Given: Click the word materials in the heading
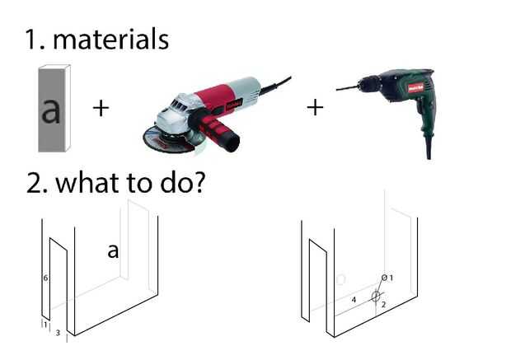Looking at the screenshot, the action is click(x=110, y=39).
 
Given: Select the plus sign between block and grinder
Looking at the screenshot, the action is click(x=101, y=108).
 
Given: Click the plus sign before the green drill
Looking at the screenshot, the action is click(x=315, y=108).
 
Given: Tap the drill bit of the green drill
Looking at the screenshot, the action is click(x=347, y=88).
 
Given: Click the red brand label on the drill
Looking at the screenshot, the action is click(x=415, y=87).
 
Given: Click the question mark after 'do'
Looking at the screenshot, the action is click(x=199, y=182).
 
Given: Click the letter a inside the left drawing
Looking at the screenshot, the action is click(x=113, y=251).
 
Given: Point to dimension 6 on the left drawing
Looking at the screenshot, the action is click(x=45, y=278).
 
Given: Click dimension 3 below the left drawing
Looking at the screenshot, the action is click(x=58, y=333).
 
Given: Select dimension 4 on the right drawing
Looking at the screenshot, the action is click(x=354, y=299).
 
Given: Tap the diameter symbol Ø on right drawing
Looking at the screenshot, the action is click(x=384, y=278).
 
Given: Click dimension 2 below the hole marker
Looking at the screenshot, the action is click(x=383, y=304).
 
